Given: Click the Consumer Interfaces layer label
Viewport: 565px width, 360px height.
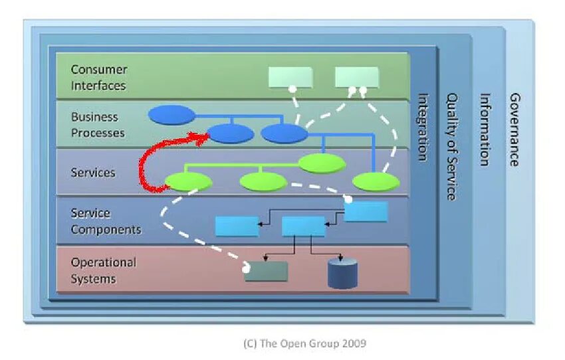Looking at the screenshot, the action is [99, 78].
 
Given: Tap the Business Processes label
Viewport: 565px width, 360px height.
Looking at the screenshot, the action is [98, 125].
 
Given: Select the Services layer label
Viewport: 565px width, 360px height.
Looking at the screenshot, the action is [93, 173].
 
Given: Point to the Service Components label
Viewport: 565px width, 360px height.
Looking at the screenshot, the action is [106, 221].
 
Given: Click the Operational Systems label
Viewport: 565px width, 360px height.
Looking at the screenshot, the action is [104, 270].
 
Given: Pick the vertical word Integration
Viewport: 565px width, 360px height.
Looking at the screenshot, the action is [423, 127].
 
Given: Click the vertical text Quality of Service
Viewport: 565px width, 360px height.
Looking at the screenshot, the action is [452, 147].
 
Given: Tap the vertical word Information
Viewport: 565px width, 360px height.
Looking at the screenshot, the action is [485, 130].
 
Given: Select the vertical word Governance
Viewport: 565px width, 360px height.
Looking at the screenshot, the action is [514, 130].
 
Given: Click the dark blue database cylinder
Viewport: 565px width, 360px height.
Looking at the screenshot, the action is [342, 274].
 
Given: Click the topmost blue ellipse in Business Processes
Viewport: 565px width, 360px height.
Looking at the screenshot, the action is [172, 115].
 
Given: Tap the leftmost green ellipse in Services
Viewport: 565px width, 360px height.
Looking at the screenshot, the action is [189, 182].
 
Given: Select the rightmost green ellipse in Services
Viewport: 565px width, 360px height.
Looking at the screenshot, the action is [376, 182].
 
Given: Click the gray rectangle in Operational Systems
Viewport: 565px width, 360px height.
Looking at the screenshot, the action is [267, 272].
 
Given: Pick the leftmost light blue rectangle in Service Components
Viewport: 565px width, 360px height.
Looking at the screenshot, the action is [237, 226].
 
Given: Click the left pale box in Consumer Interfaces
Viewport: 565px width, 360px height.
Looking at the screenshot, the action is [290, 77].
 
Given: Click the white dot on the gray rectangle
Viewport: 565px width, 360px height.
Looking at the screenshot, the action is [246, 269].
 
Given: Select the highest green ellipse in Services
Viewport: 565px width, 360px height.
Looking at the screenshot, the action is [322, 164].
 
